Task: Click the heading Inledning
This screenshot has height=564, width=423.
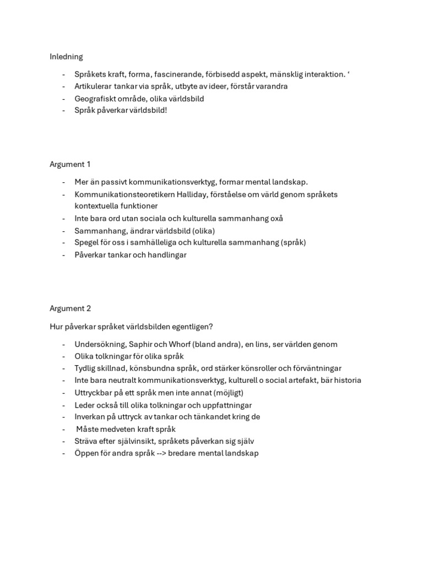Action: pos(66,57)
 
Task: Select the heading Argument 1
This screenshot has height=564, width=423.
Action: pos(70,164)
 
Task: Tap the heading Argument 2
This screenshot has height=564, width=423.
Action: pos(70,308)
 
